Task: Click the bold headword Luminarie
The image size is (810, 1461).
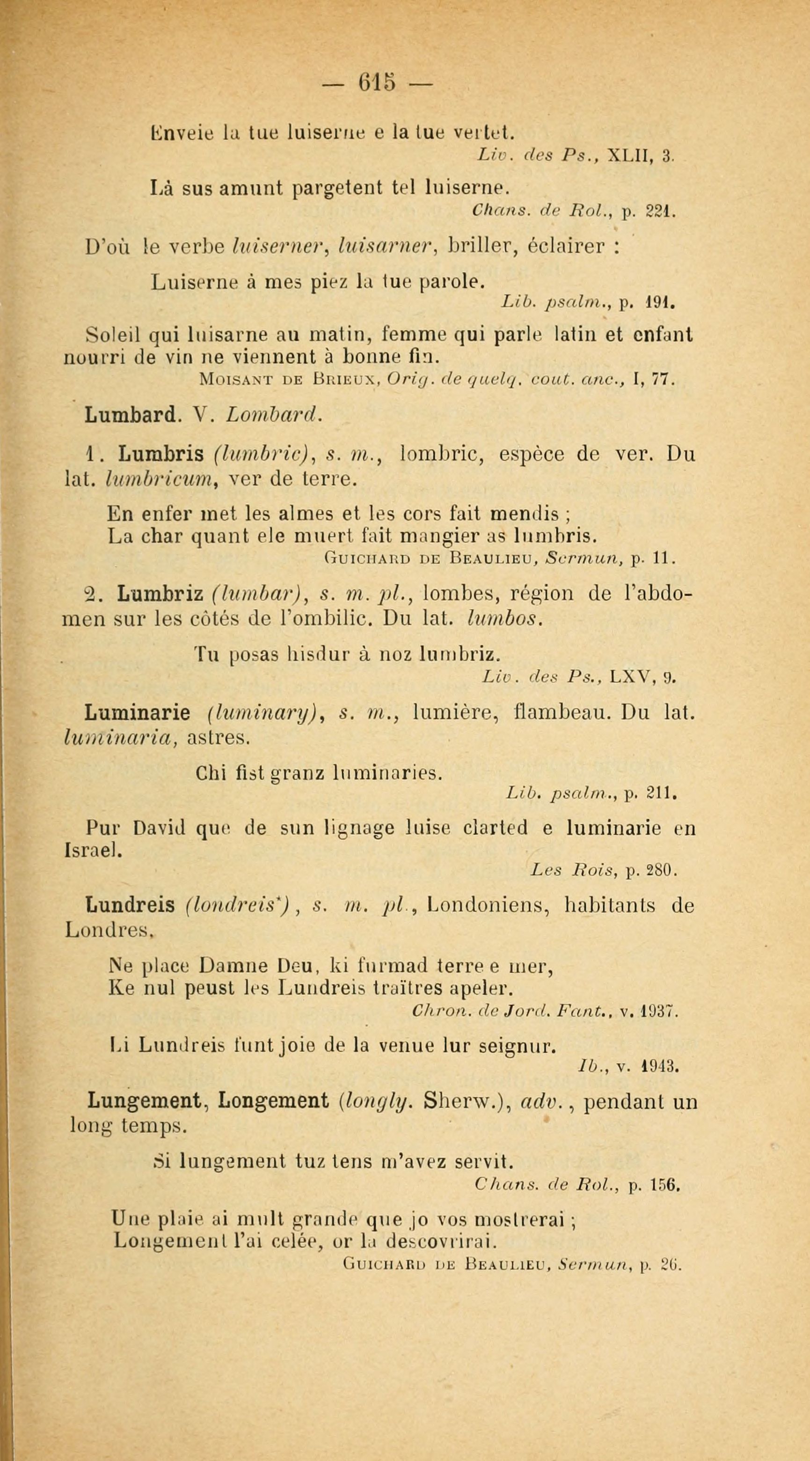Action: pos(140,712)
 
